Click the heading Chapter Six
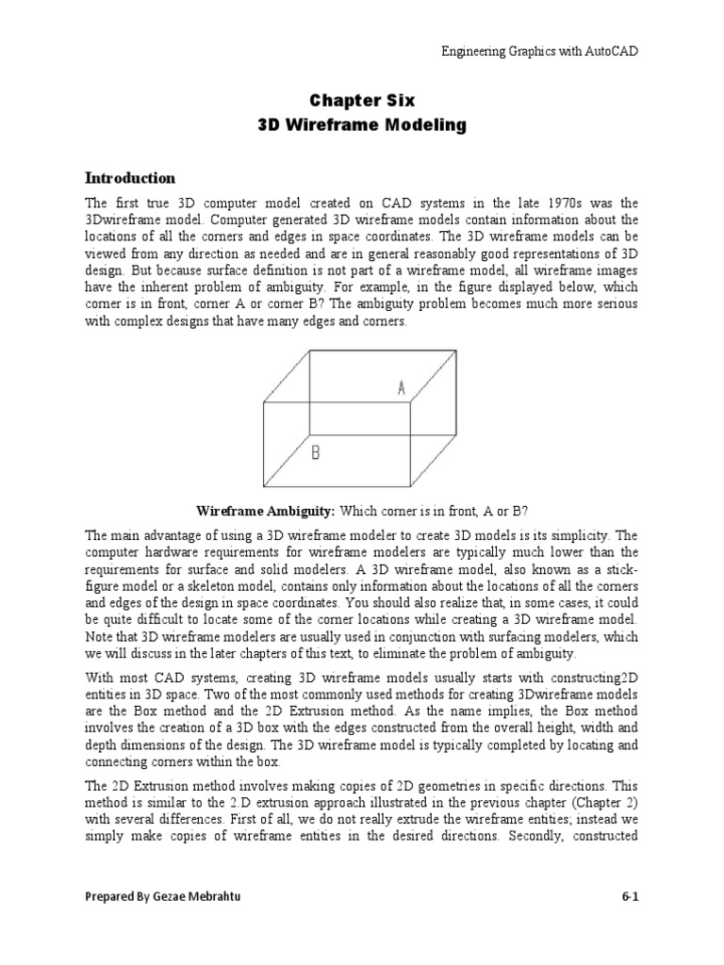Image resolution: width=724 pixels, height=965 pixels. click(362, 100)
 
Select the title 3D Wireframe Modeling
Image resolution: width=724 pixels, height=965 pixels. click(362, 125)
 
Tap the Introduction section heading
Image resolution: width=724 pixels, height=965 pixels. click(130, 177)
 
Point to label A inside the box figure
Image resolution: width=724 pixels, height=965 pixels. click(402, 387)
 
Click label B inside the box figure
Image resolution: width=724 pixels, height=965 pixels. click(316, 452)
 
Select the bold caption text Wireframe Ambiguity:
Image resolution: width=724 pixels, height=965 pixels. click(266, 511)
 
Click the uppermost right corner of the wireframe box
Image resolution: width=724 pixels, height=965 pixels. click(459, 352)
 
